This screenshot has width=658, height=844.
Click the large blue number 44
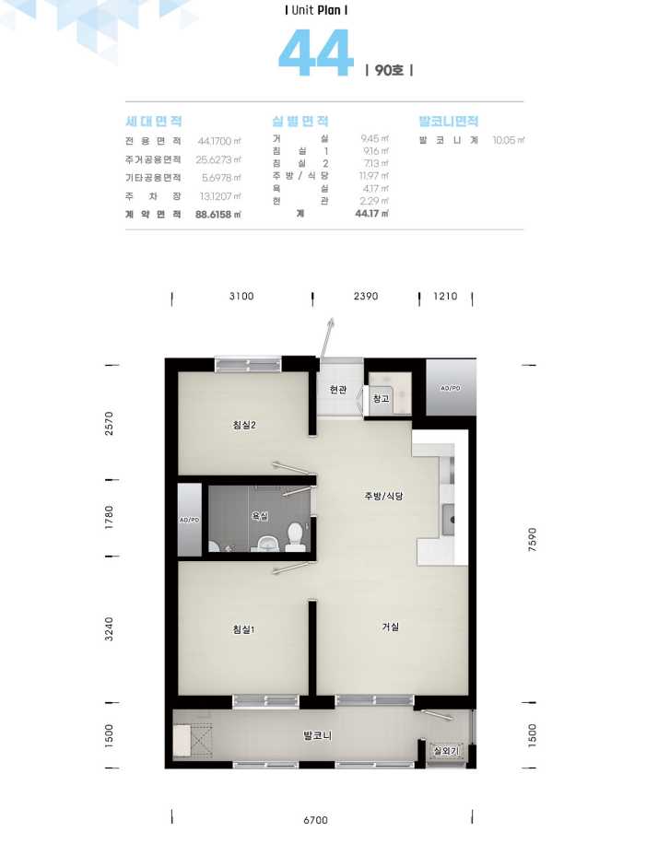click(316, 53)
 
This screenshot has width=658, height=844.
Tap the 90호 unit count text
click(389, 71)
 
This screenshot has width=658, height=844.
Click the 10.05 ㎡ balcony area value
click(509, 140)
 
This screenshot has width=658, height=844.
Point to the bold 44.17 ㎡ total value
click(371, 214)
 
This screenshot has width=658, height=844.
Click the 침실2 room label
click(244, 426)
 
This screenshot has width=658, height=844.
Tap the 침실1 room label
click(243, 629)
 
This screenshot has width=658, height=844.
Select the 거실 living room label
click(391, 627)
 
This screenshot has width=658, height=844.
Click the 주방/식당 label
click(383, 496)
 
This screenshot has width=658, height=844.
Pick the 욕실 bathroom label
click(260, 516)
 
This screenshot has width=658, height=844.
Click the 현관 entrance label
click(338, 389)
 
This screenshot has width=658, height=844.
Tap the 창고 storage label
click(381, 399)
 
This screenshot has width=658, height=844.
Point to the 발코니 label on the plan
click(317, 735)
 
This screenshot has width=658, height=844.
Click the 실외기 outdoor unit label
click(446, 750)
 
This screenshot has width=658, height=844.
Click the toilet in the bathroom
click(295, 537)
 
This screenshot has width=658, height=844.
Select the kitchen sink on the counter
click(448, 520)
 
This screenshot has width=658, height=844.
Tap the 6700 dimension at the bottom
click(315, 820)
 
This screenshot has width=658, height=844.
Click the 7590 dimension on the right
click(533, 539)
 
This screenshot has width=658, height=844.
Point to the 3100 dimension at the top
click(241, 296)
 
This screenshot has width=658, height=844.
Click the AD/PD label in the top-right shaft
click(450, 388)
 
